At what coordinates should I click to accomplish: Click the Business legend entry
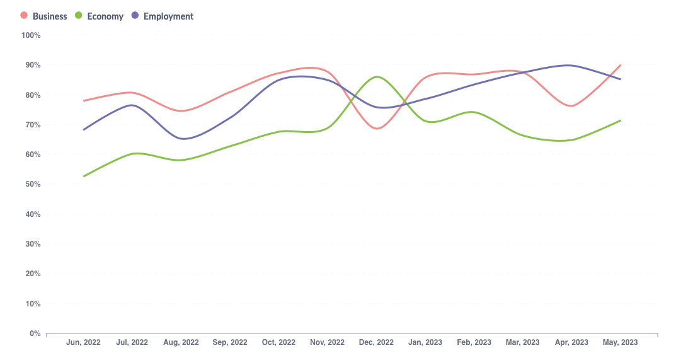click(x=49, y=16)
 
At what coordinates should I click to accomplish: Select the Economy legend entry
click(x=105, y=16)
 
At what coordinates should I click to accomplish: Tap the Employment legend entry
click(x=168, y=16)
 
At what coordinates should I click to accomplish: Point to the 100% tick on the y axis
click(x=31, y=35)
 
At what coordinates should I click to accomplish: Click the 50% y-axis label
click(x=31, y=185)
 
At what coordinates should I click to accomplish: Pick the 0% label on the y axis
click(x=35, y=334)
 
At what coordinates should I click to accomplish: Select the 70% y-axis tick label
click(x=31, y=125)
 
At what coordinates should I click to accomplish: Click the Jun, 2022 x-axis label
click(x=83, y=342)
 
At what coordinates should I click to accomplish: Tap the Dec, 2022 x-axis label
click(x=376, y=342)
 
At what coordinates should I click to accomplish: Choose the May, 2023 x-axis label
click(x=621, y=342)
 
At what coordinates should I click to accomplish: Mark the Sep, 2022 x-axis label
click(x=230, y=342)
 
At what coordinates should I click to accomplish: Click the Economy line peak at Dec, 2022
click(x=377, y=77)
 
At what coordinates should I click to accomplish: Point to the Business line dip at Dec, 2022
click(x=377, y=129)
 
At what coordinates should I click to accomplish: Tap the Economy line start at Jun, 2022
click(x=84, y=177)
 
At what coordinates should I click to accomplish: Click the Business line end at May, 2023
click(x=621, y=65)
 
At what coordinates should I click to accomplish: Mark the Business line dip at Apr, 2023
click(x=571, y=106)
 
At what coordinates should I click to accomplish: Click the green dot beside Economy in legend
click(x=79, y=16)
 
